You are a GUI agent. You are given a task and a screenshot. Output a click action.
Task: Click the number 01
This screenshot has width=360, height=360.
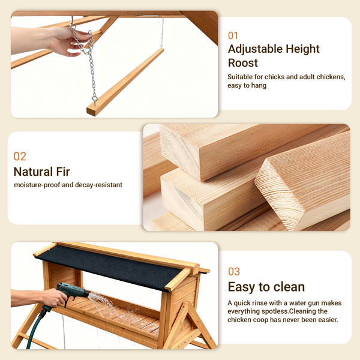(233, 35)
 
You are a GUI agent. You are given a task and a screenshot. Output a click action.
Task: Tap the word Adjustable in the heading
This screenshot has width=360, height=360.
(255, 49)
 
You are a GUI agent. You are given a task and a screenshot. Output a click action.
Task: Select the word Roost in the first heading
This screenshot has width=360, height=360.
(243, 63)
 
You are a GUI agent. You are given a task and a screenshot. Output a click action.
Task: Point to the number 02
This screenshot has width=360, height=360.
(20, 157)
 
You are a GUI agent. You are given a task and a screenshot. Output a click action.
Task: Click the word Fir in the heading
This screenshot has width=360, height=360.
(62, 172)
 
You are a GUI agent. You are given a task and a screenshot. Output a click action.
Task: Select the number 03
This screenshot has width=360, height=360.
(234, 271)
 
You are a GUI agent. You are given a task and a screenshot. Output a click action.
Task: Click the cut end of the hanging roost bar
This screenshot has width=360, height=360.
(91, 111)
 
